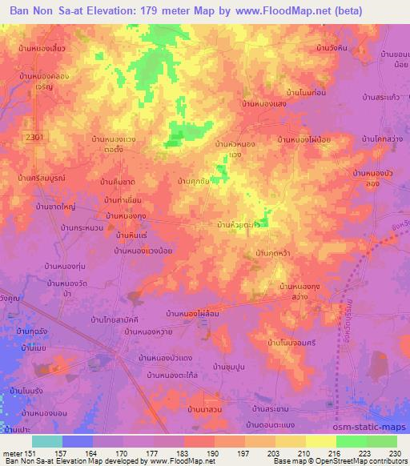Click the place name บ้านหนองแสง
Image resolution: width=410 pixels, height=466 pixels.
[x=264, y=103]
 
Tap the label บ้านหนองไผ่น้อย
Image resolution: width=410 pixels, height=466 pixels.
[x=305, y=139]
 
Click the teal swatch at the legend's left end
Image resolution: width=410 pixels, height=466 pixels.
[x=47, y=440]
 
